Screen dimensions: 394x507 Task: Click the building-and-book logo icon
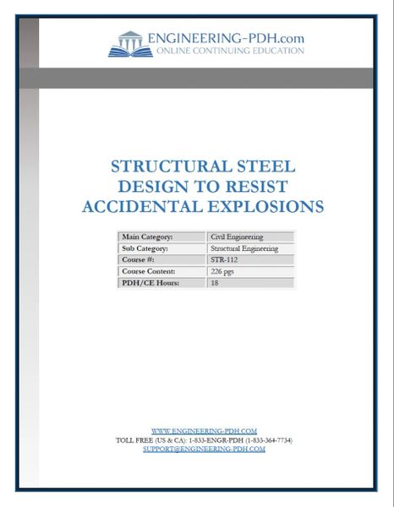(129, 43)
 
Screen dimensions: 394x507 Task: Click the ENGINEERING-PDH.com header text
(225, 38)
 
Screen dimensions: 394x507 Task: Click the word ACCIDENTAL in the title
(141, 205)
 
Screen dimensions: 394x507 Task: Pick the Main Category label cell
(161, 237)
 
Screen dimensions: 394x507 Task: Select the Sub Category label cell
(161, 248)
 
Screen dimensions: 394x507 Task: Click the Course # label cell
(161, 260)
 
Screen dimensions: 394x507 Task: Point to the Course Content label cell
(161, 271)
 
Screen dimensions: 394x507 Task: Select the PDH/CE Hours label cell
(161, 283)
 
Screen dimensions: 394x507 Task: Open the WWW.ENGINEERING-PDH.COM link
(203, 431)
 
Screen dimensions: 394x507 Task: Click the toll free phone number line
(204, 440)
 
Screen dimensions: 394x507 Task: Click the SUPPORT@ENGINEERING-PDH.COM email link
(204, 450)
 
